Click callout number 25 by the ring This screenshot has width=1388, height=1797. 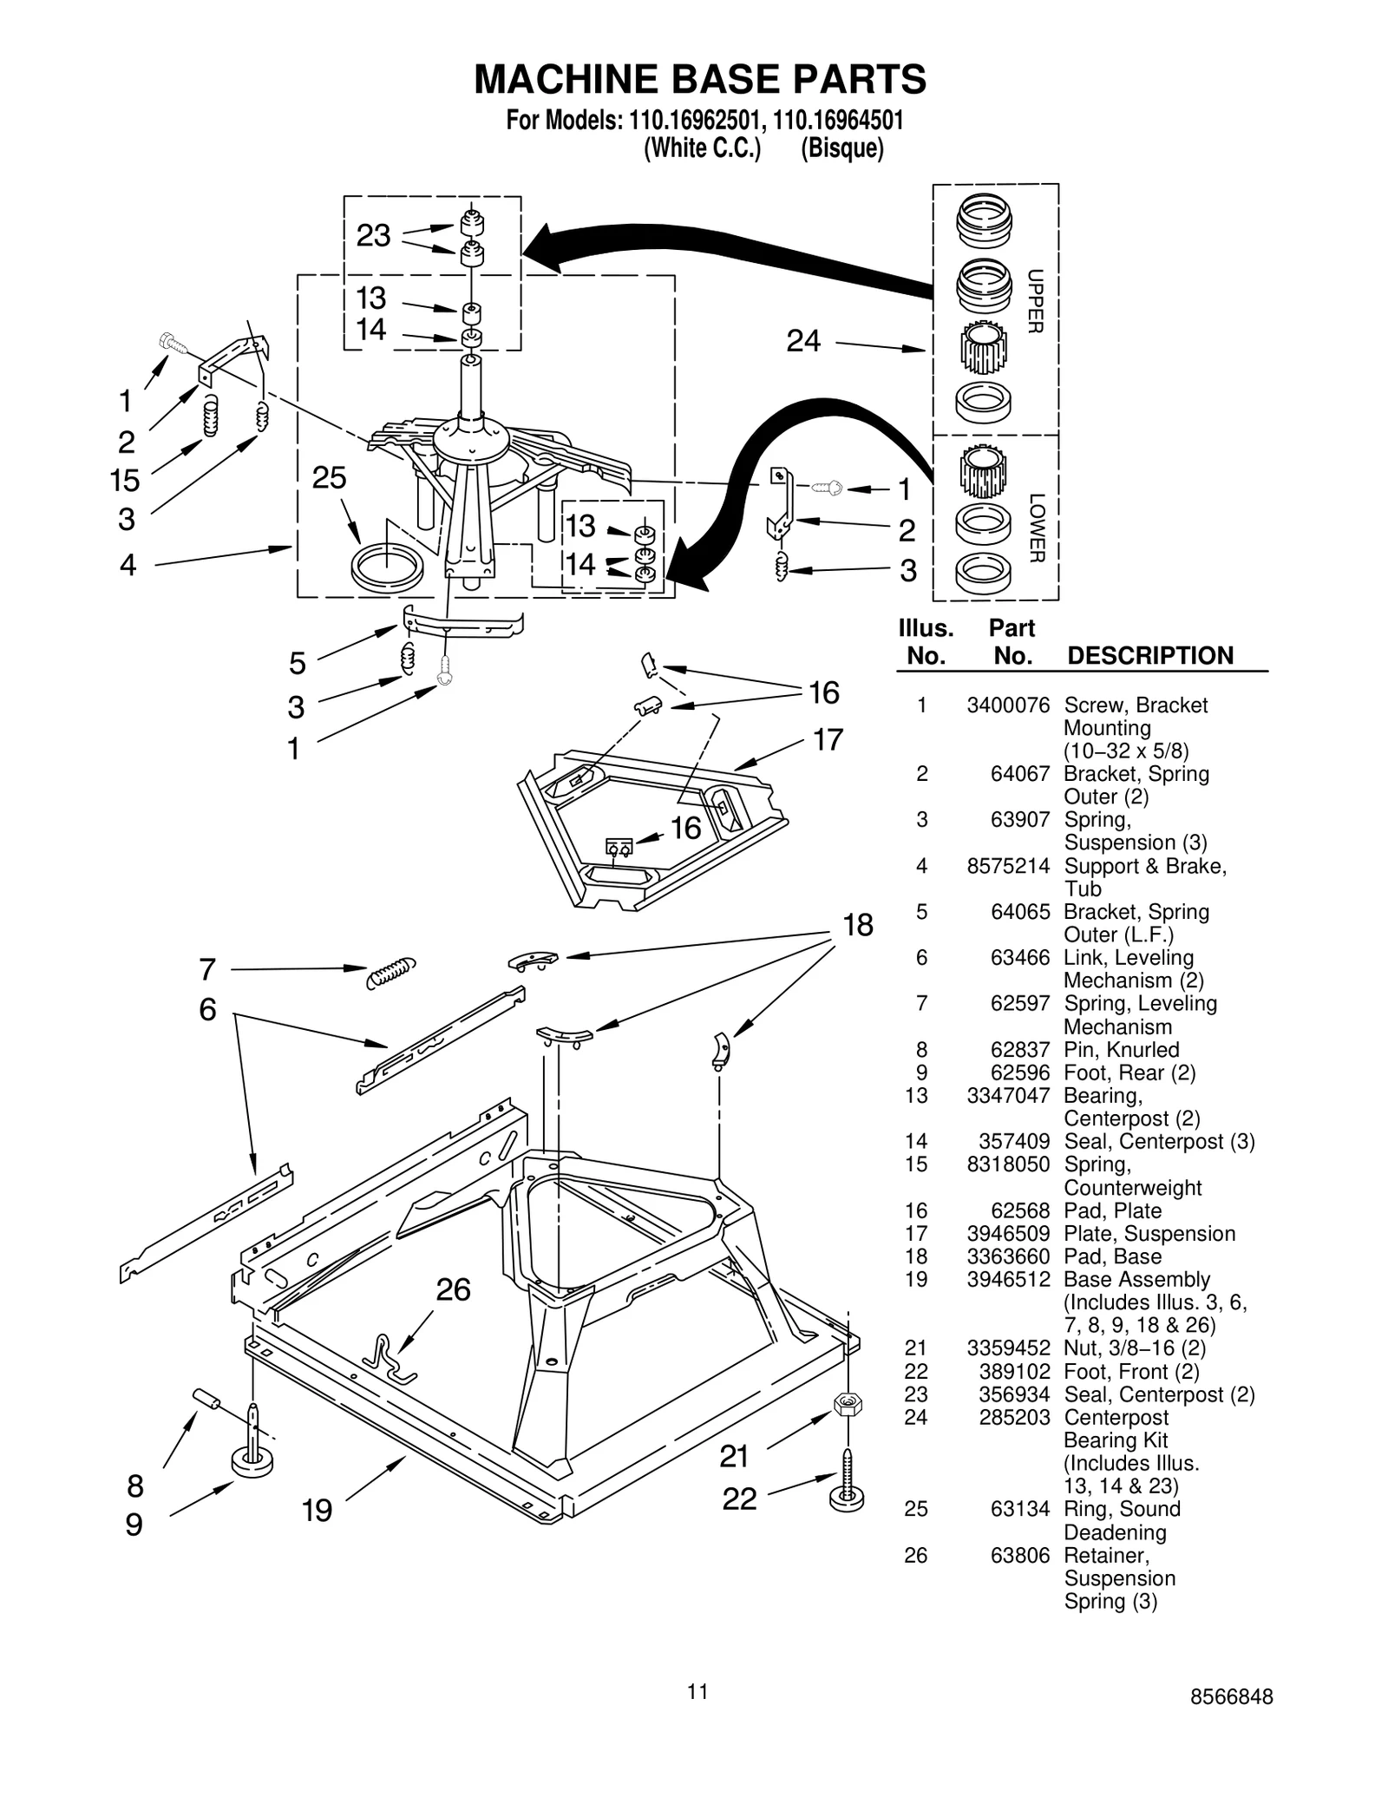(x=329, y=478)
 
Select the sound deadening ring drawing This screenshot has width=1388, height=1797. (x=387, y=567)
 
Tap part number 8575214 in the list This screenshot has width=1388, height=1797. (x=1008, y=865)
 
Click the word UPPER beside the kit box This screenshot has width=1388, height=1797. (x=1036, y=301)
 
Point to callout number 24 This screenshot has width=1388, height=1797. (x=803, y=341)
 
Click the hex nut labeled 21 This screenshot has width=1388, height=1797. (x=848, y=1403)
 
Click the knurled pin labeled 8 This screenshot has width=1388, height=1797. (x=206, y=1399)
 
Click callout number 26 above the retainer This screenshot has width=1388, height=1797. (x=453, y=1290)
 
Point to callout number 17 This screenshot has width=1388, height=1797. (x=828, y=740)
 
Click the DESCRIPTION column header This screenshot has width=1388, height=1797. (x=1149, y=655)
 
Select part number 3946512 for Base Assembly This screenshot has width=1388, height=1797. (x=1008, y=1279)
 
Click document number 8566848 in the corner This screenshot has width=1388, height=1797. (x=1231, y=1697)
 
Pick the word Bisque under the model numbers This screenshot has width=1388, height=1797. (x=841, y=148)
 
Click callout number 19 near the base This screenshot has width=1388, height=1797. (x=317, y=1511)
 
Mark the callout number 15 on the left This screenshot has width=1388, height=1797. (x=125, y=480)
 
